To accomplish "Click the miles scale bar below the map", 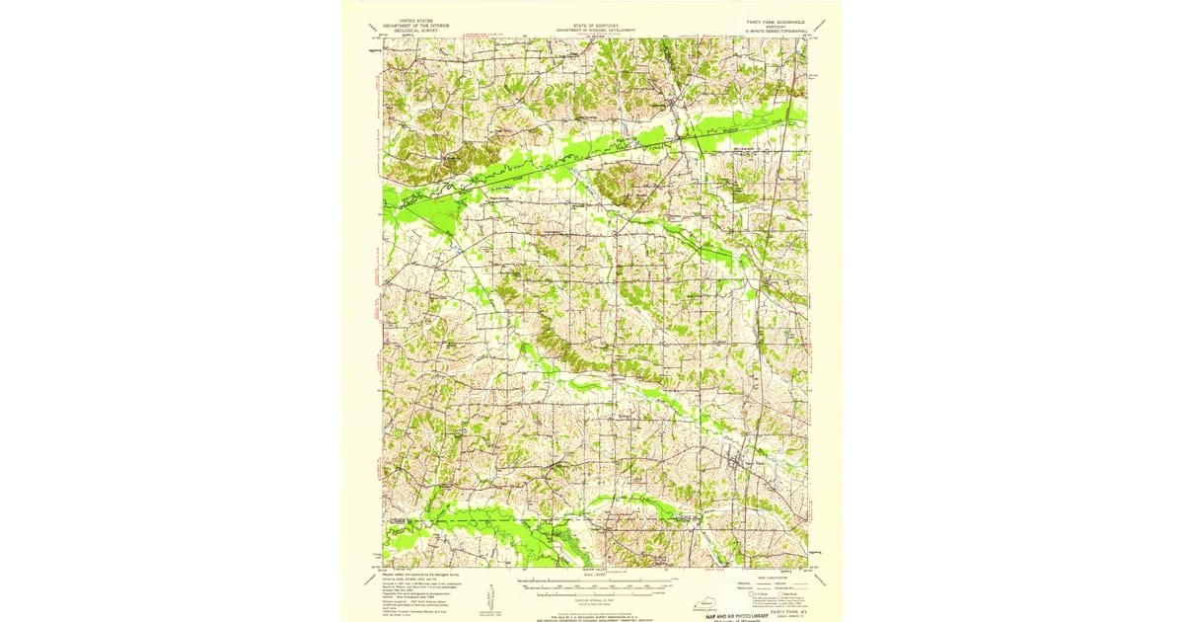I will (592, 581).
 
